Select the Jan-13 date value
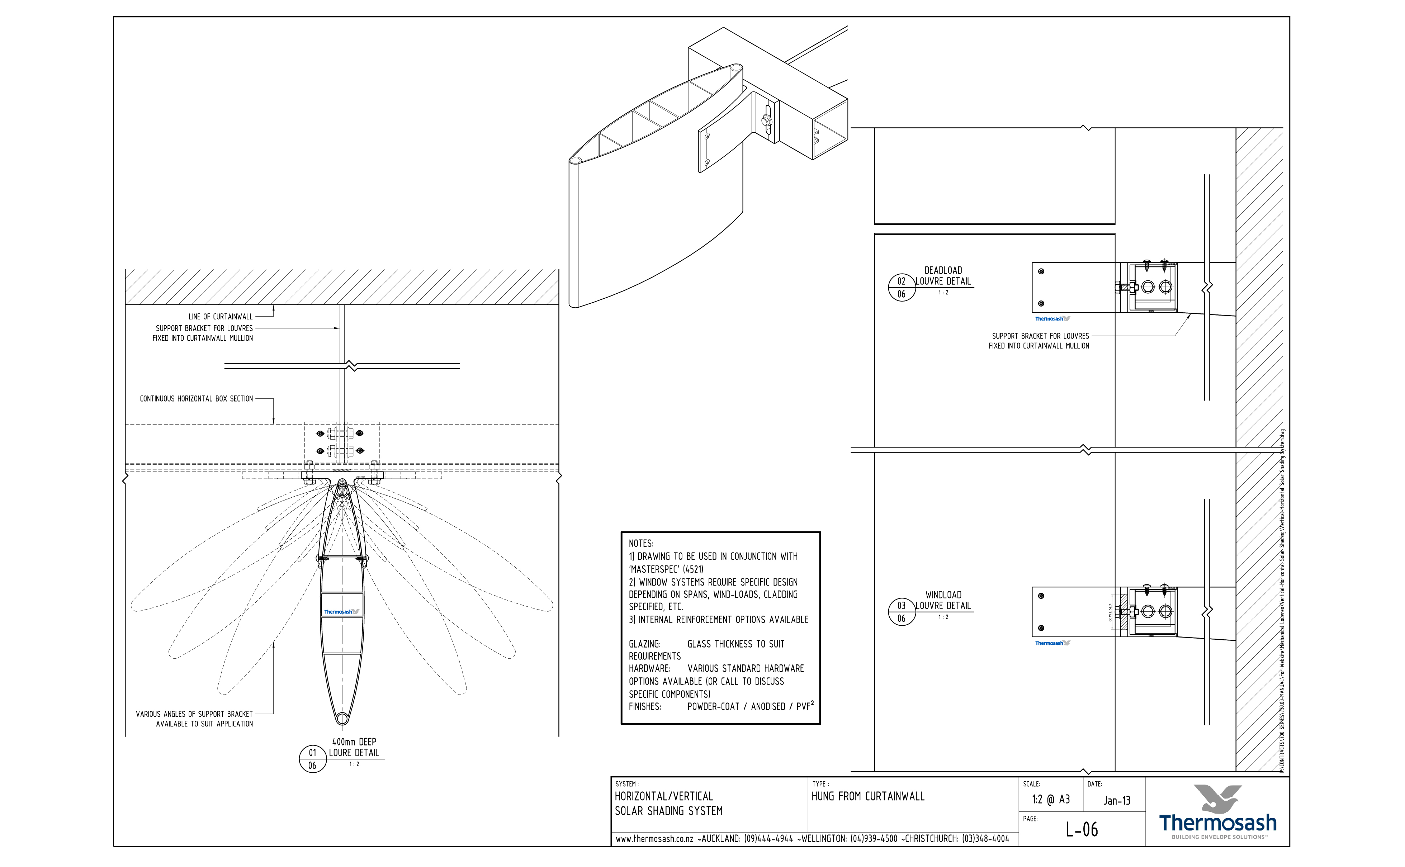point(1117,800)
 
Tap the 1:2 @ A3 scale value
point(1051,799)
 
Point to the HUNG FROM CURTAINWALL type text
point(868,796)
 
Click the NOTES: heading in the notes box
point(640,544)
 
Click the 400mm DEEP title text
point(354,742)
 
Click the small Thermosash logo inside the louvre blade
point(341,612)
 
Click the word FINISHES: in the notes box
point(644,707)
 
